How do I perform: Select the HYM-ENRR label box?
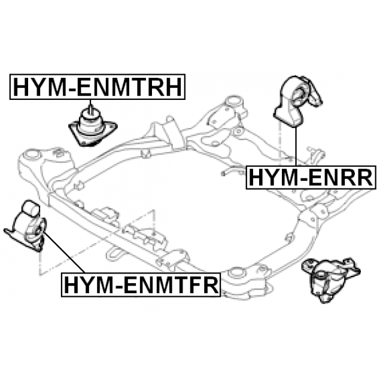(311, 178)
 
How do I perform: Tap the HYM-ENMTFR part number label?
(142, 285)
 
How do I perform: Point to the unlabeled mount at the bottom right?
(334, 276)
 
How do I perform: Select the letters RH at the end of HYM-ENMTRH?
(168, 88)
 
